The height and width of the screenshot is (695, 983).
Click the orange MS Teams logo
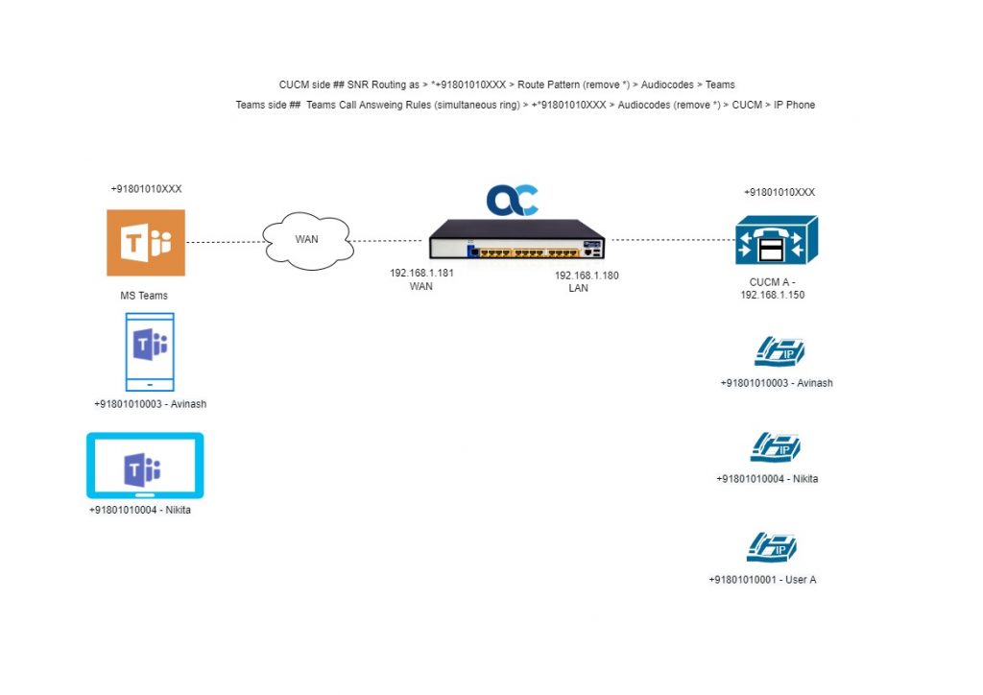coord(146,243)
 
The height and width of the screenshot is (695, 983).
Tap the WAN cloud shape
coord(305,241)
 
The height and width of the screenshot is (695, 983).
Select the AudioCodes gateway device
coord(517,240)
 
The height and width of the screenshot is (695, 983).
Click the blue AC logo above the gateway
coord(512,199)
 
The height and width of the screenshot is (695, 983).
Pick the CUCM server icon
coord(776,240)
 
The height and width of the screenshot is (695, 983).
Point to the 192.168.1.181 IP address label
coord(421,274)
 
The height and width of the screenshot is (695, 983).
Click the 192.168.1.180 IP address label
coord(587,276)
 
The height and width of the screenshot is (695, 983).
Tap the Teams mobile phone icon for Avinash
coord(150,350)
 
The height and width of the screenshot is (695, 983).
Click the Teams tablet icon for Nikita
coord(145,466)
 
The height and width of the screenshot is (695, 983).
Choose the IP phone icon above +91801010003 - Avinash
coord(777,351)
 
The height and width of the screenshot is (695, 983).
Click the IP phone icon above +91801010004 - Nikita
coord(774,447)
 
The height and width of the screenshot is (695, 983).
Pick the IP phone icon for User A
coord(772,547)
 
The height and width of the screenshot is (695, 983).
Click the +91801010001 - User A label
coord(762,580)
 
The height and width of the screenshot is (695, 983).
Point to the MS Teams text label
coord(144,296)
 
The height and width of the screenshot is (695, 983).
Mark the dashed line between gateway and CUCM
coord(670,240)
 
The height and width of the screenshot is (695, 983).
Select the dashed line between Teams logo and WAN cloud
coord(224,243)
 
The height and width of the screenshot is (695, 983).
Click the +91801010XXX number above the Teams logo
coord(146,189)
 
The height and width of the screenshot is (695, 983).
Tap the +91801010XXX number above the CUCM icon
coord(779,192)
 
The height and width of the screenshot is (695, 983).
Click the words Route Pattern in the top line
coord(552,84)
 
